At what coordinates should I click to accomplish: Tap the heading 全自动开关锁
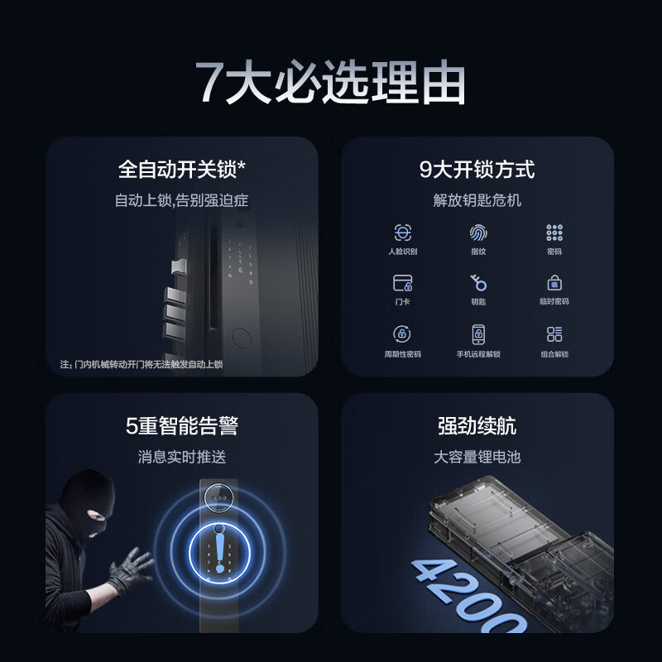coord(182,170)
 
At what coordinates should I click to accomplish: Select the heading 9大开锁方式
coord(477,170)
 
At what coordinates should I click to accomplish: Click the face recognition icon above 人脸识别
coord(403,233)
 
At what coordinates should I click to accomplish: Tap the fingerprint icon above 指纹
coord(478,233)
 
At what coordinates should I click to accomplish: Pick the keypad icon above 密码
coord(554,233)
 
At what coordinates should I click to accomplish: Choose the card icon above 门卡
coord(403,283)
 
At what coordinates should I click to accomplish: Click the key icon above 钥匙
coord(478,283)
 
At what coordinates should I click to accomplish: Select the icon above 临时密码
coord(554,283)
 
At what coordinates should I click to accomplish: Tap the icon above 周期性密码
coord(403,334)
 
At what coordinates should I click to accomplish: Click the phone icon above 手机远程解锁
coord(478,334)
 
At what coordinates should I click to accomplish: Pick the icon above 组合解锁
coord(554,334)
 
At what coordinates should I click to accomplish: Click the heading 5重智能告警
coord(182,426)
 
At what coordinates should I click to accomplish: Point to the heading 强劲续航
coord(477,426)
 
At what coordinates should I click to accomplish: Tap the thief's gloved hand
coord(130,568)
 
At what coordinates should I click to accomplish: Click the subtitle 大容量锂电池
coord(477,457)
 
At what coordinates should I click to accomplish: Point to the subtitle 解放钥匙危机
coord(477,200)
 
